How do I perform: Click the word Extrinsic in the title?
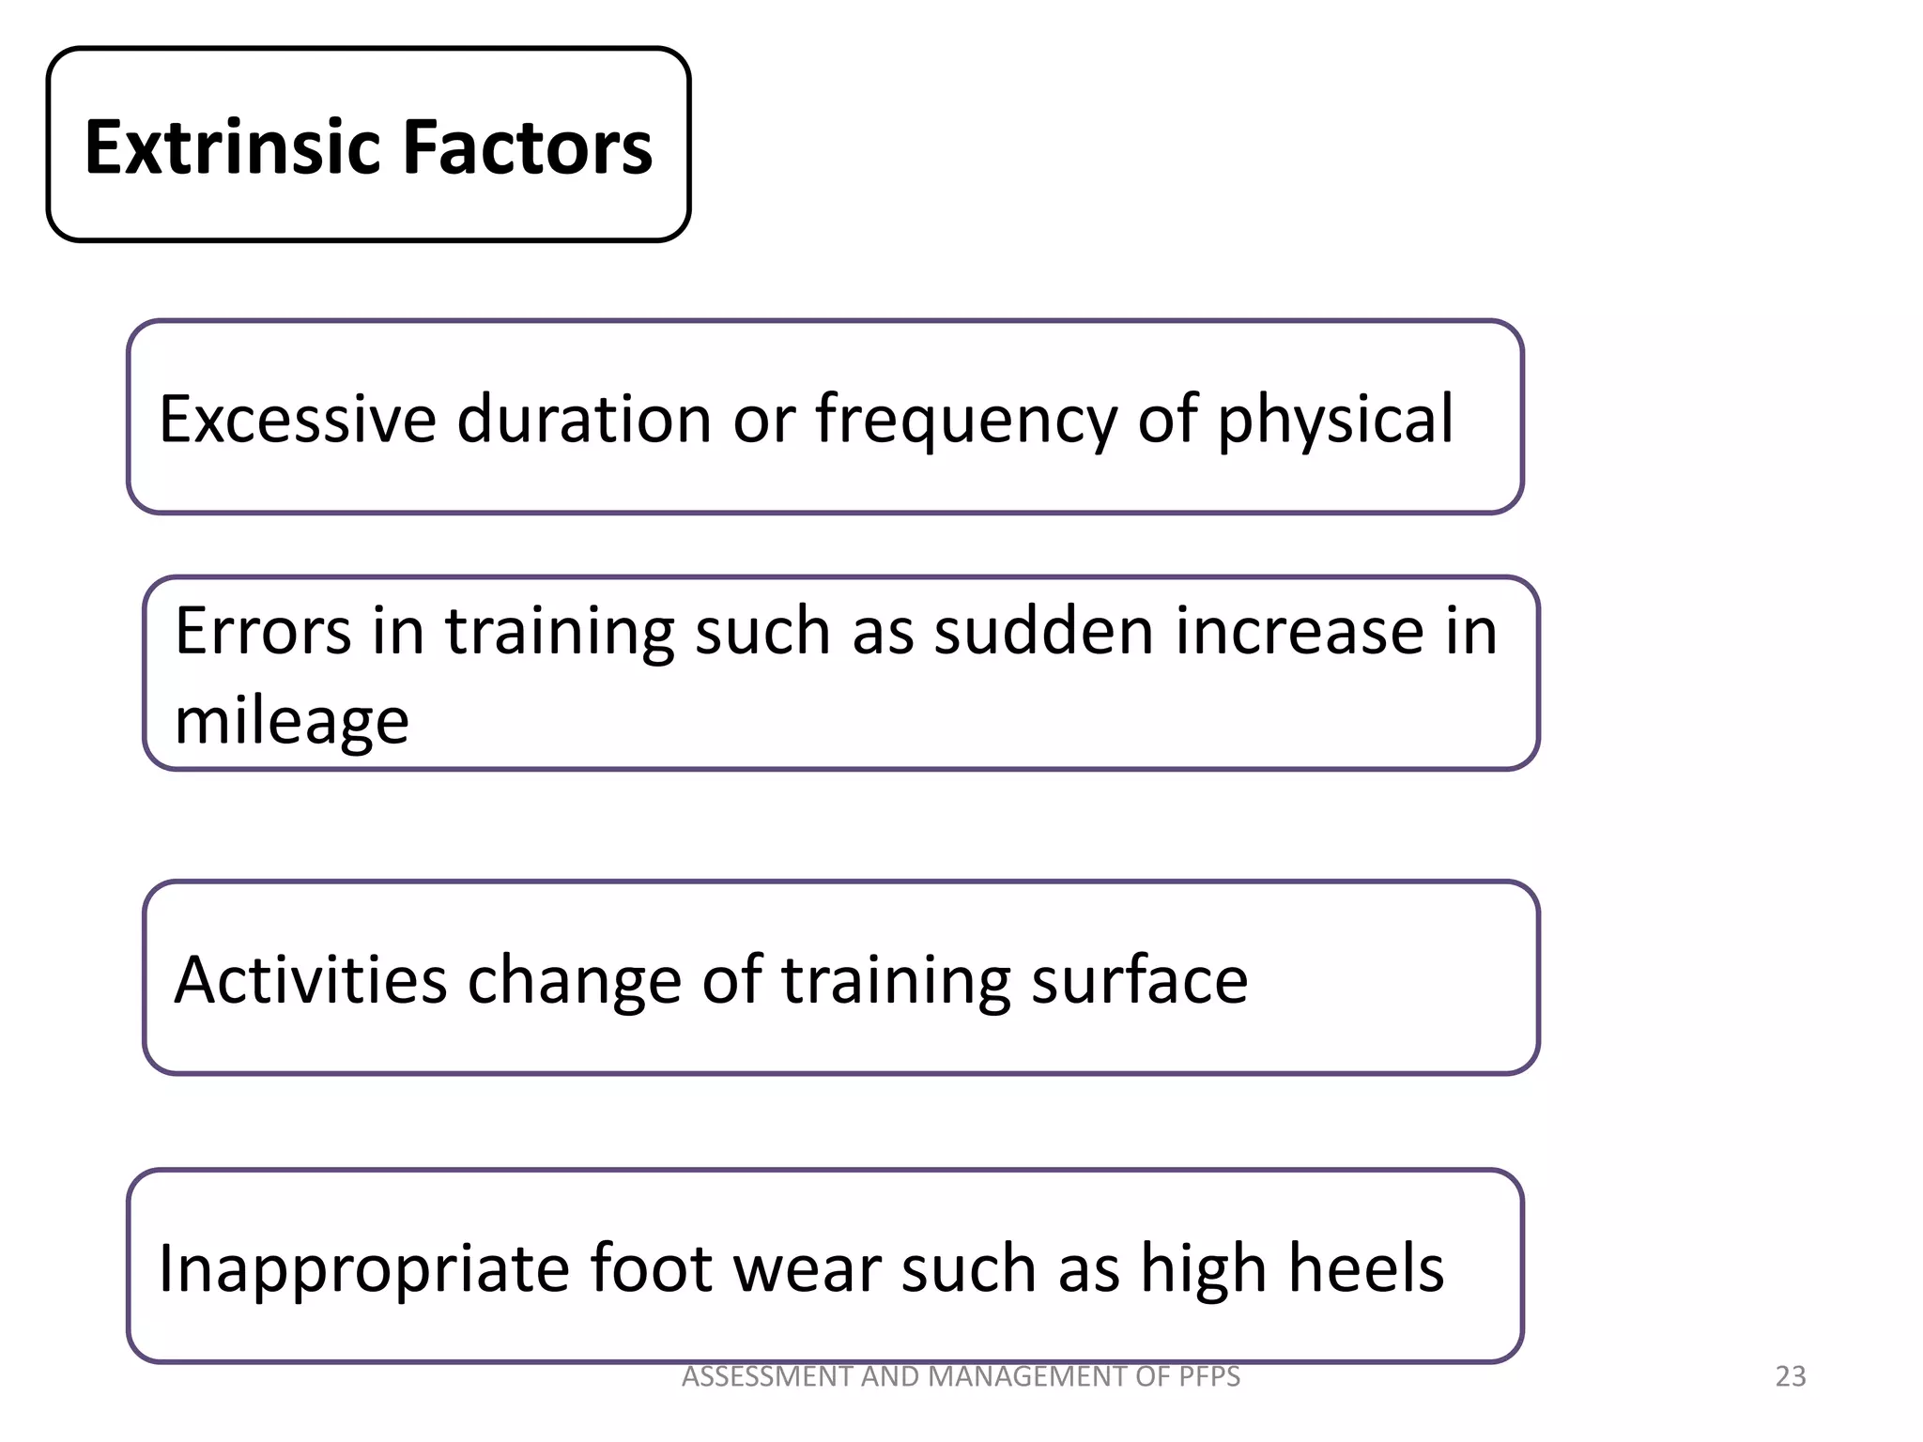234,147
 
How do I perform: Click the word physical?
1335,421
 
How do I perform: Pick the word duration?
584,419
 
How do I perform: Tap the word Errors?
263,631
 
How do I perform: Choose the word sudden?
1043,631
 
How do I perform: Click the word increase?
1291,631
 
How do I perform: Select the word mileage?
292,722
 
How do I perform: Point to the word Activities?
311,980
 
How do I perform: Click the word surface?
1139,980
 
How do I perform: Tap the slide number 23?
1791,1376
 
